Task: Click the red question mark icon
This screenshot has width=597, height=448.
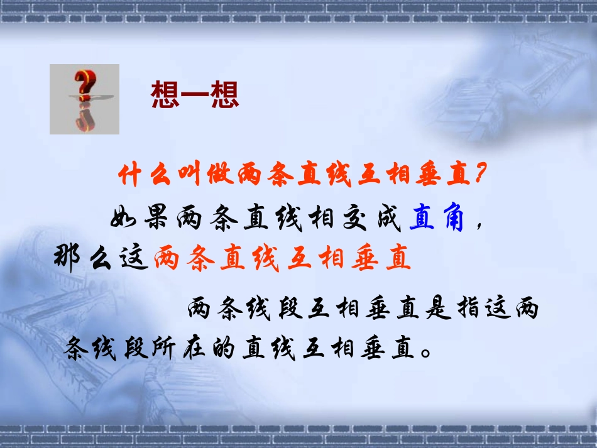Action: coord(85,99)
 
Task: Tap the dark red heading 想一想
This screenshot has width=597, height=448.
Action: coord(195,96)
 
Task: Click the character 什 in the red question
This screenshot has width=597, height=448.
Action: coord(129,176)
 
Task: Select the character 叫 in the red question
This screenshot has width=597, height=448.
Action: coord(188,176)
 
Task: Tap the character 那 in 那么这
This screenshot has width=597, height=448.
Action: coord(68,259)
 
